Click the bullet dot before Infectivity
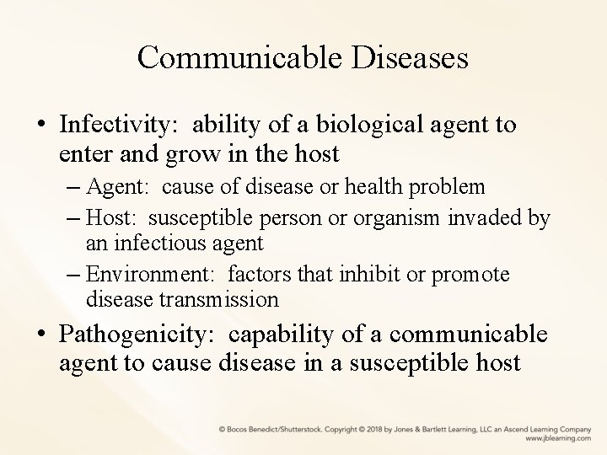coord(41,126)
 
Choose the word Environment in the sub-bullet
coord(141,276)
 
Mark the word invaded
coord(488,219)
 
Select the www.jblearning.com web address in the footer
coord(557,438)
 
